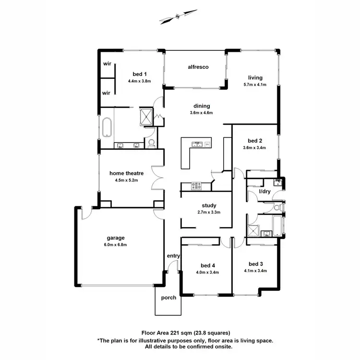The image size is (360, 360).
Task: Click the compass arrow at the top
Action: [178, 16]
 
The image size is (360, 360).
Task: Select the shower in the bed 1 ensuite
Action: [145, 117]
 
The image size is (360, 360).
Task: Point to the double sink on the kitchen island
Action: [197, 144]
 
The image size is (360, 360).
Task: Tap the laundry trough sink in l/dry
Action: [277, 182]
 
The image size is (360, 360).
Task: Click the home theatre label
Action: [127, 173]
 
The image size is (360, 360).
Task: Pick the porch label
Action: [168, 298]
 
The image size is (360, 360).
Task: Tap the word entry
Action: [173, 256]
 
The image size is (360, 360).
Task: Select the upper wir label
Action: [107, 63]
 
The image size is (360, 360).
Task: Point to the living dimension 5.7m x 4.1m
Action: [254, 85]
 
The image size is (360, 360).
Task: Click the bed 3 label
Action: [255, 264]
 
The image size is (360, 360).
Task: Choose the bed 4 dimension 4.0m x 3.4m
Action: [207, 272]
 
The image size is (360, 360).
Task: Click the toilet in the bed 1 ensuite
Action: [152, 142]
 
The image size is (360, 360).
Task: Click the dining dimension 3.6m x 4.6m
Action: [202, 113]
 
